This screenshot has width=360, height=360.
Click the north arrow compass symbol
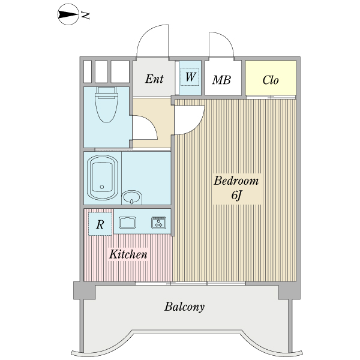(68, 14)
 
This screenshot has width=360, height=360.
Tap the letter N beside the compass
(85, 16)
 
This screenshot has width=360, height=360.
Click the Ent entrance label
(154, 79)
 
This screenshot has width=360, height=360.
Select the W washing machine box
(190, 77)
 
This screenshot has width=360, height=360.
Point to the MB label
(221, 80)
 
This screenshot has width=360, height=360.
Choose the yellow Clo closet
(271, 77)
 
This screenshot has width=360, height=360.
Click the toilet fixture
(106, 104)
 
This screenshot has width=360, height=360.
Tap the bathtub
(103, 178)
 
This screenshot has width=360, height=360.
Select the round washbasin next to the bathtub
(131, 197)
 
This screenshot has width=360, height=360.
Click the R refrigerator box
(100, 224)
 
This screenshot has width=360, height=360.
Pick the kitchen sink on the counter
(127, 223)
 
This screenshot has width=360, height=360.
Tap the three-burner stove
(158, 223)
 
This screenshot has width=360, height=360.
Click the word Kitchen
(128, 254)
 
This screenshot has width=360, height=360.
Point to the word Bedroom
(236, 181)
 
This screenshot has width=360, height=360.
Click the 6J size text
(237, 196)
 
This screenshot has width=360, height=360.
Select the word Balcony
(184, 307)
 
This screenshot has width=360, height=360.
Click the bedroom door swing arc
(196, 126)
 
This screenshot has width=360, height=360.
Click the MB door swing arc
(228, 41)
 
